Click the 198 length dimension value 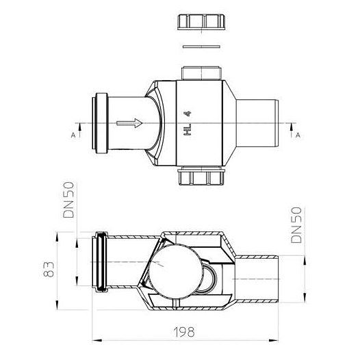tap(184, 332)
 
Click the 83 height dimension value tap(49, 269)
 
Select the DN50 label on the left tap(68, 200)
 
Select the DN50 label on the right tap(296, 225)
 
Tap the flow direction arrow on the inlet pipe tap(129, 123)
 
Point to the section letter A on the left tap(73, 136)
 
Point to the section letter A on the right tap(298, 136)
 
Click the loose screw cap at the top tap(201, 22)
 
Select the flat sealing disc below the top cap tap(201, 47)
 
